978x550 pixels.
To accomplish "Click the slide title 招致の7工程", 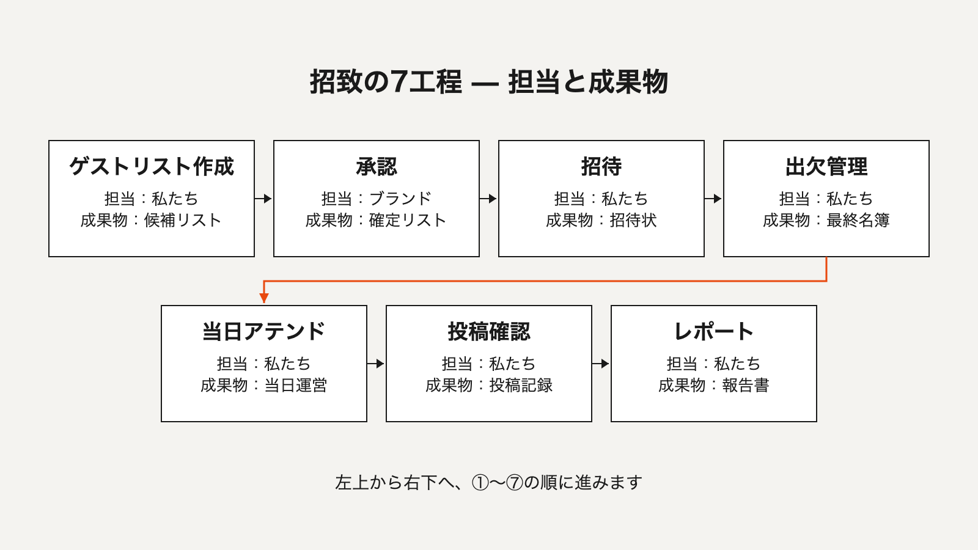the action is tap(386, 82).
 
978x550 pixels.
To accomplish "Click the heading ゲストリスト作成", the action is tap(152, 166).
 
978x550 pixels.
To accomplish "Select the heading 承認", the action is tap(377, 166).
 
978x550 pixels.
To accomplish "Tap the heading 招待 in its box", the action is tap(601, 166).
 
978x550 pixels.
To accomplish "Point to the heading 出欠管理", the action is tap(826, 166).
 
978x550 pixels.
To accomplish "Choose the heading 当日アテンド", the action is tap(263, 331).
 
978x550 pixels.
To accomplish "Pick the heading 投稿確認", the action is tap(489, 331).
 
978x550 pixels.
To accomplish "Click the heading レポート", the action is tap(714, 331).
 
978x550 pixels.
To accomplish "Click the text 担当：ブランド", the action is tap(377, 199).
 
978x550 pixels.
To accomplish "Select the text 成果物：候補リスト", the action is tap(151, 220).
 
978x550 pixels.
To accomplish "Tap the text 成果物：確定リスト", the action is tap(376, 220).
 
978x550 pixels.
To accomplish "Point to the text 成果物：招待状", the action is tap(601, 220).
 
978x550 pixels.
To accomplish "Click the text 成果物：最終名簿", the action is tap(826, 220).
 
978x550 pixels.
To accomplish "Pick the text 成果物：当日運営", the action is tap(263, 385).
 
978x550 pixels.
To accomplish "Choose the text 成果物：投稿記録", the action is tap(489, 385).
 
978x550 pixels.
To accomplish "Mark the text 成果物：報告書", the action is tap(714, 385).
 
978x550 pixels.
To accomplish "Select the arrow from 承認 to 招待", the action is tap(488, 199).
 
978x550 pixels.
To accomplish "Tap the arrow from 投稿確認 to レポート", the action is tap(601, 364).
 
